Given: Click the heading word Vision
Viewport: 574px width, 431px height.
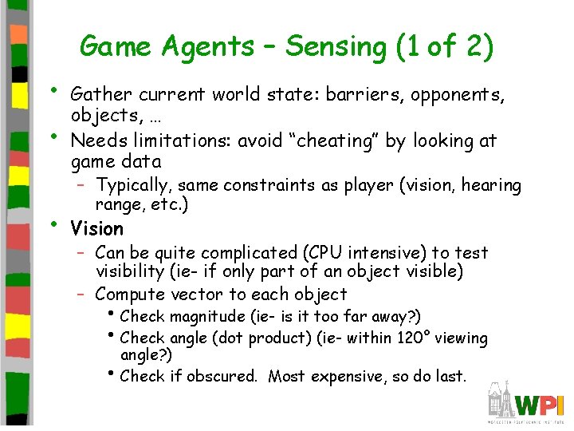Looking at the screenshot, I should [96, 229].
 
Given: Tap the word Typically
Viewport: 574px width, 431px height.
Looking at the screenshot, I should [134, 186].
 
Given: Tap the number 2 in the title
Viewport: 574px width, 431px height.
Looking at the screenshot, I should [474, 46].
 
